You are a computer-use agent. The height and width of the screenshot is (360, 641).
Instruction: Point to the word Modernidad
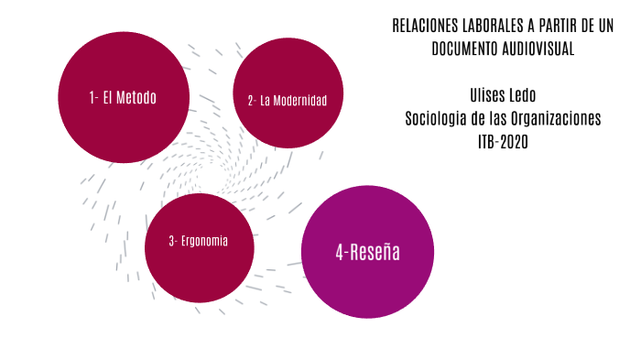tap(300, 100)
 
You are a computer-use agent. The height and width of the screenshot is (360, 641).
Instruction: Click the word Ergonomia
tap(205, 242)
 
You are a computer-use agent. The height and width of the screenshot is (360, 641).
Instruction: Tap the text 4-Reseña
tap(367, 253)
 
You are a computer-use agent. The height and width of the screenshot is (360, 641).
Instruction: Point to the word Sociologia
tap(438, 119)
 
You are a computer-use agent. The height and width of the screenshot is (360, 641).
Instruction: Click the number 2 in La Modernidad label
tap(250, 100)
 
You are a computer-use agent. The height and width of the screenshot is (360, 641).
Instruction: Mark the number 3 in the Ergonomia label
tap(171, 242)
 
